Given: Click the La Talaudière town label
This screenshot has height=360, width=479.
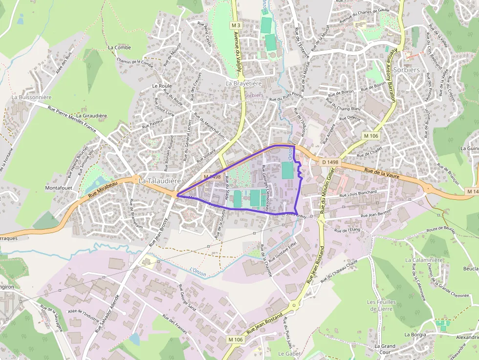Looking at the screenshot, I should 160,181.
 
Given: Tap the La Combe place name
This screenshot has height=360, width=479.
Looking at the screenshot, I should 119,47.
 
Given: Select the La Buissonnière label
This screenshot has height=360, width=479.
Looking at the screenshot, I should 31,97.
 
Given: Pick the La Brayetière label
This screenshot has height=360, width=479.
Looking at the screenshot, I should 244,84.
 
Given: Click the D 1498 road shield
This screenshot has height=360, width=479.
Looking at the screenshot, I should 330,162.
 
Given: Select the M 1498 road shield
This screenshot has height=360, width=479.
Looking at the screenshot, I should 213,177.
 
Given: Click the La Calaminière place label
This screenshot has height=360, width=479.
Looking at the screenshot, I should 423,260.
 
